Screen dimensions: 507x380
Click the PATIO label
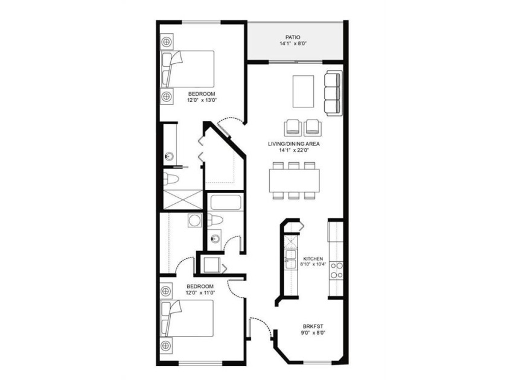293,37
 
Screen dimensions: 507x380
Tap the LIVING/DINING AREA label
293,144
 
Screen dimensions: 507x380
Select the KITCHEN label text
313,259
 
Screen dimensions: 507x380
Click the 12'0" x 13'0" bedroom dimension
202,100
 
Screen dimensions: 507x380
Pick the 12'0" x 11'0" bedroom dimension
200,293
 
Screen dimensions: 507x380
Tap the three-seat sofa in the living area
334,93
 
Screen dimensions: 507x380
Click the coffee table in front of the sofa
303,91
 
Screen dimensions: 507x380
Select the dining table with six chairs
295,180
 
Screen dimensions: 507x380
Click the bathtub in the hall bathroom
226,202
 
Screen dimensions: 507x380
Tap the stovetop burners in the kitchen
336,270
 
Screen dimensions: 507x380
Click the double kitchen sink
290,259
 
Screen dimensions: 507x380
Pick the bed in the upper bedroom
188,69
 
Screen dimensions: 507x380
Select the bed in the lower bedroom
187,318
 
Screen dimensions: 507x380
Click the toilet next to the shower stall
171,179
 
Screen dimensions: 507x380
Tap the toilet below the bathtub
215,220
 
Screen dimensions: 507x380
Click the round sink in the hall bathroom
215,239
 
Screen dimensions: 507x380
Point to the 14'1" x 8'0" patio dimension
293,43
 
